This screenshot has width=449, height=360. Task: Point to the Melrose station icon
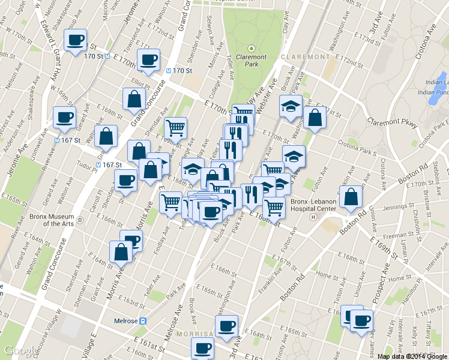pyautogui.click(x=143, y=321)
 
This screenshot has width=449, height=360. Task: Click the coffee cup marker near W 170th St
pyautogui.click(x=75, y=40)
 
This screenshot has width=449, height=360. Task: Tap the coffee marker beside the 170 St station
pyautogui.click(x=148, y=59)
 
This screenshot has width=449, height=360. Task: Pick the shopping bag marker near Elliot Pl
pyautogui.click(x=133, y=100)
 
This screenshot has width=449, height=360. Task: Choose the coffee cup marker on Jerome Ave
pyautogui.click(x=64, y=117)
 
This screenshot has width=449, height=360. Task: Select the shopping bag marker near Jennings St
pyautogui.click(x=351, y=197)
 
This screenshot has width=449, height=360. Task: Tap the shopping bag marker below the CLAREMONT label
pyautogui.click(x=315, y=118)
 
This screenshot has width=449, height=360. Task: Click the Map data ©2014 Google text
pyautogui.click(x=412, y=356)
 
